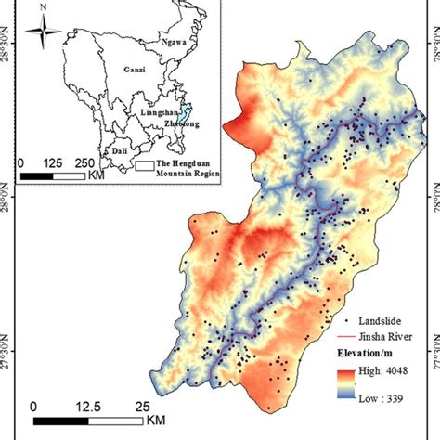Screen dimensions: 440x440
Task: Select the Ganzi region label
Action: coord(134,70)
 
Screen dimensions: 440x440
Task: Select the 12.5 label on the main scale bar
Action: coord(88,407)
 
